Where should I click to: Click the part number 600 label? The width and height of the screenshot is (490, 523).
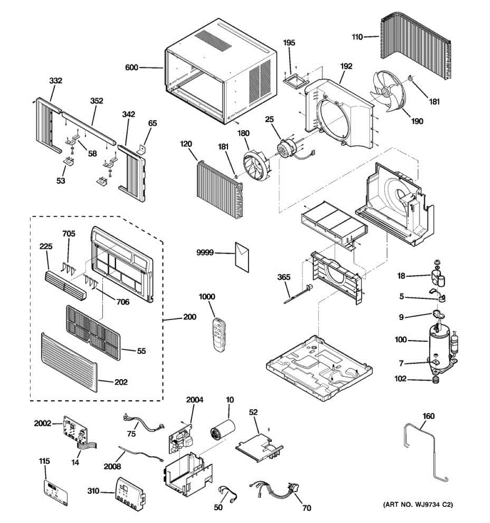[x=131, y=68]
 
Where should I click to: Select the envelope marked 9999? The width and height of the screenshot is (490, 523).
[x=242, y=258]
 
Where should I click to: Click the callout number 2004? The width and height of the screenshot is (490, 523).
[x=194, y=400]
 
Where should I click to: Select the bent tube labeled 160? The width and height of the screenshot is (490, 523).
[x=425, y=449]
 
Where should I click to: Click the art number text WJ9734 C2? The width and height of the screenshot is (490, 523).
[x=418, y=505]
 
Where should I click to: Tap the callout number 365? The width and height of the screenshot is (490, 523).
[x=284, y=277]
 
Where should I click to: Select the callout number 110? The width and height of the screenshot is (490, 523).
[x=357, y=37]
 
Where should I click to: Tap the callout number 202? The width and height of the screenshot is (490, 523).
[x=121, y=382]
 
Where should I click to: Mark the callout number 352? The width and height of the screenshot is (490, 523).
[x=96, y=101]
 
